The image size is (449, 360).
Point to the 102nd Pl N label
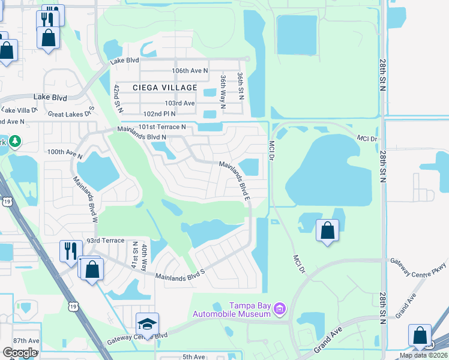coord(158,113)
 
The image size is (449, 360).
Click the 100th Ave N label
coord(64,152)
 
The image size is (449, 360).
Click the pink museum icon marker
coord(279,309)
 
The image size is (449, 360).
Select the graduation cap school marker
coord(147,325)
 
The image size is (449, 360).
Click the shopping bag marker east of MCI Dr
coord(327,230)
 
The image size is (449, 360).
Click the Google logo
coord(20,353)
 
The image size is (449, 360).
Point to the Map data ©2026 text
coord(423,355)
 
